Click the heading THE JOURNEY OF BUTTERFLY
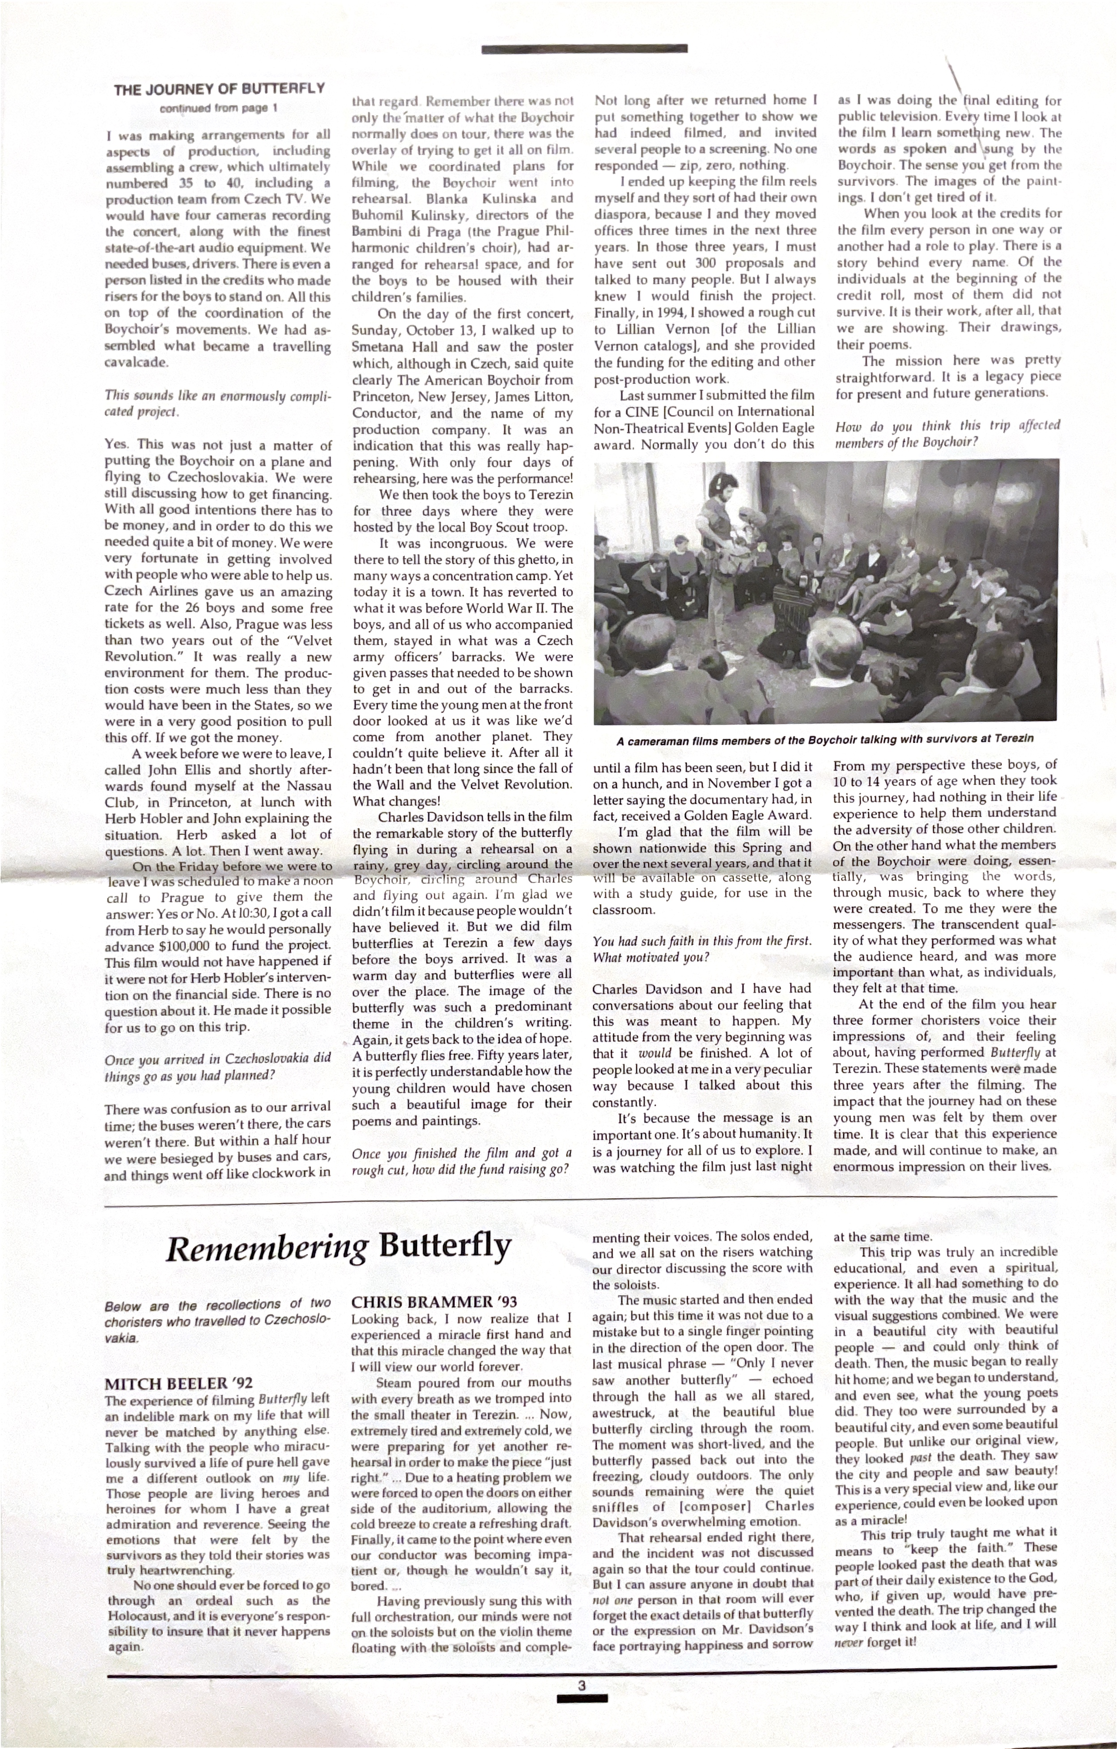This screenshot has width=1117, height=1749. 219,89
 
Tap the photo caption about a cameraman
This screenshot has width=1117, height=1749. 824,740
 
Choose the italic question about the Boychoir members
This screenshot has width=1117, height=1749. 948,433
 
